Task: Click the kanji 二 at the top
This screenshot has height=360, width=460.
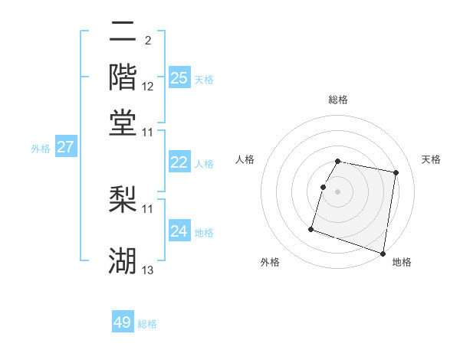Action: [x=123, y=32]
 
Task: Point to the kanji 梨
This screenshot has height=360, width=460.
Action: [x=123, y=198]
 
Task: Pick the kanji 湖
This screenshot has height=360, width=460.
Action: [x=123, y=260]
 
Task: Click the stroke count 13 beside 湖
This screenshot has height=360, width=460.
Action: [x=148, y=270]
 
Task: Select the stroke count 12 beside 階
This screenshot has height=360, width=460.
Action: [x=148, y=87]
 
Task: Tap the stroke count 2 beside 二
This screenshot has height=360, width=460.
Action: [x=147, y=39]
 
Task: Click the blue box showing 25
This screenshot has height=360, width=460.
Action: [x=179, y=77]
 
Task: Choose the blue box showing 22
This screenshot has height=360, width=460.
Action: [x=179, y=162]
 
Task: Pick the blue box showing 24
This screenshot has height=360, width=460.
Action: [x=179, y=231]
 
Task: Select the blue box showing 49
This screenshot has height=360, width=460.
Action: [x=123, y=322]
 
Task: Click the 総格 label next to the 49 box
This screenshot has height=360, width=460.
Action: [x=148, y=324]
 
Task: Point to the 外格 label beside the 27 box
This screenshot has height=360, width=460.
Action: [x=40, y=149]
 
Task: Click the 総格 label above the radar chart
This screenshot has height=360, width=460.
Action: [x=338, y=100]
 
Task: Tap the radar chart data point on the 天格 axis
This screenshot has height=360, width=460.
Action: [x=396, y=173]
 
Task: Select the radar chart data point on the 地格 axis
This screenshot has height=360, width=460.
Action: [x=383, y=253]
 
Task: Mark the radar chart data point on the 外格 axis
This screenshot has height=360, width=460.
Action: [x=311, y=228]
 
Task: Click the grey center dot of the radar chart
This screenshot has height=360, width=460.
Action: [x=338, y=190]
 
